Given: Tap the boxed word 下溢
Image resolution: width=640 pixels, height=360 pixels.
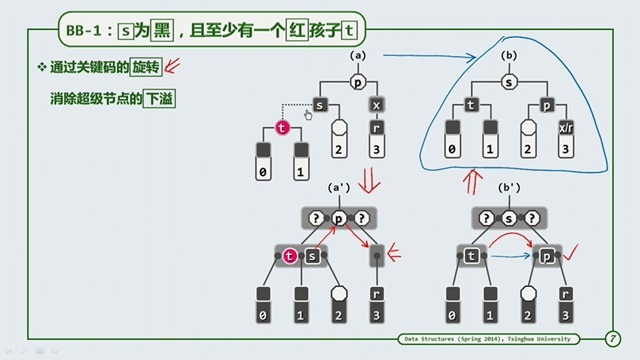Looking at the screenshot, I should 157,99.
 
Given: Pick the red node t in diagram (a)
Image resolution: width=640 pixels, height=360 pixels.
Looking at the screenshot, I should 283,128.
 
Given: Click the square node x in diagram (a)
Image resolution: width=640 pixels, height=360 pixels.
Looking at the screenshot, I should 376,104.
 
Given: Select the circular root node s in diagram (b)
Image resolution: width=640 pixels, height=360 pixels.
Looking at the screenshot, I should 508,82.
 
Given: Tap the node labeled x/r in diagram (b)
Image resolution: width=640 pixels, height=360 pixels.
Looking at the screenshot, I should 567,127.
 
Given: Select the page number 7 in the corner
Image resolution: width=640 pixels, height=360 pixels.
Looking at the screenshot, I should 611,339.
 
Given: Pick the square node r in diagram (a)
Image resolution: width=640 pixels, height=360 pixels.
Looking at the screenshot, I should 376,127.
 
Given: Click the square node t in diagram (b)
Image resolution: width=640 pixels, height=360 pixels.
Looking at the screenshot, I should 470,104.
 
